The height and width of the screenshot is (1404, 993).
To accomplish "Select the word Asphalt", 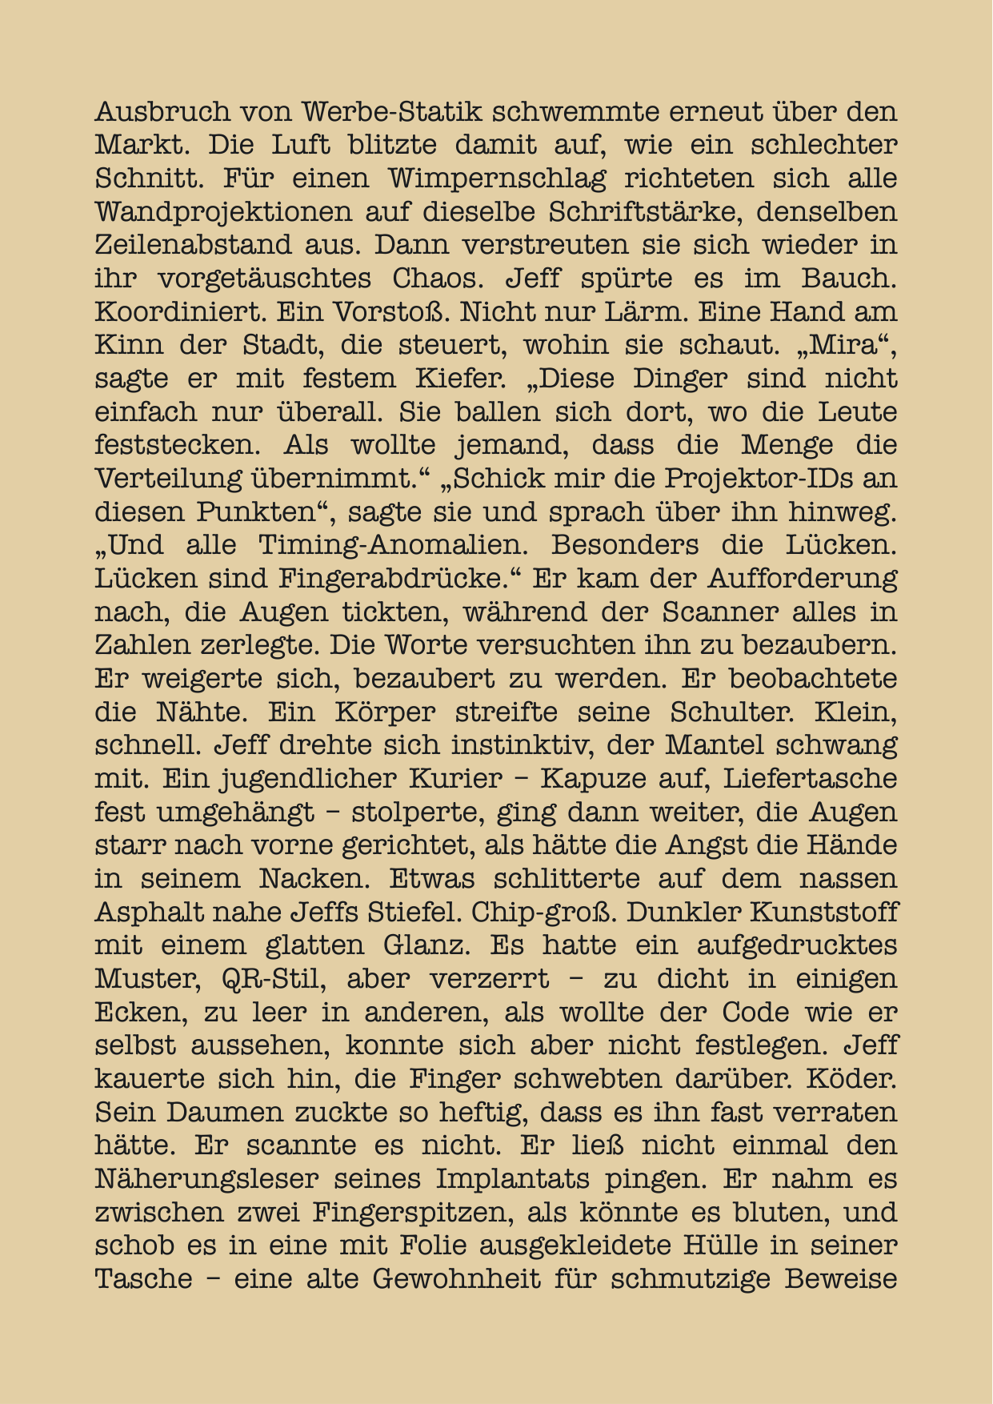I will pyautogui.click(x=145, y=913).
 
